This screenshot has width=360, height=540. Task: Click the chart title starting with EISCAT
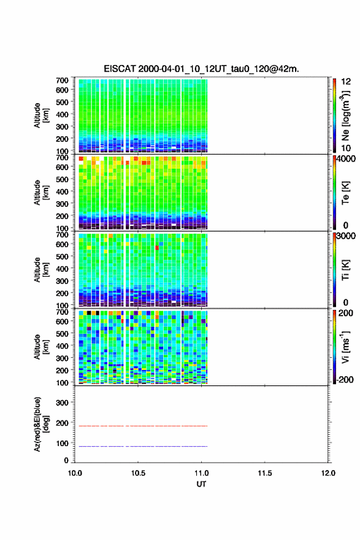[201, 69]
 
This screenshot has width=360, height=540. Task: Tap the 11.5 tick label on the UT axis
[265, 473]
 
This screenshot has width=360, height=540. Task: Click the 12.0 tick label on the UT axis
[328, 473]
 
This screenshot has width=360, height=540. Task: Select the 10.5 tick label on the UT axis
[138, 473]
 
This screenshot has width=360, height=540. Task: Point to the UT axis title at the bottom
[201, 484]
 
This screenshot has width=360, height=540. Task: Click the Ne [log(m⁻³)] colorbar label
[346, 116]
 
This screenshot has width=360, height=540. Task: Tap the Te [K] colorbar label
[345, 193]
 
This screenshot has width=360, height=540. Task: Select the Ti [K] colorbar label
[345, 270]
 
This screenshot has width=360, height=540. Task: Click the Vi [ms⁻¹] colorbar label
[346, 347]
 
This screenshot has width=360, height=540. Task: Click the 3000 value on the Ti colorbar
[346, 236]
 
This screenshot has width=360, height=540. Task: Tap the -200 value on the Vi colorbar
[343, 379]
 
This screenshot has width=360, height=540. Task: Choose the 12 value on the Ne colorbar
[347, 82]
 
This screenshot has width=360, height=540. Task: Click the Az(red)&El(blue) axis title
[40, 424]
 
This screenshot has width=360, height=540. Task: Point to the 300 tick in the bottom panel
[63, 403]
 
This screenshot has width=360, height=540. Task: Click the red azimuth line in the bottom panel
[143, 426]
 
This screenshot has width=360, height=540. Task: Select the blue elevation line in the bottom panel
[143, 446]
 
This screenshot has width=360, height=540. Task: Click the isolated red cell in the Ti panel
[157, 248]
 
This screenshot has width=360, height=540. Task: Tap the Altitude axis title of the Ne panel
[40, 115]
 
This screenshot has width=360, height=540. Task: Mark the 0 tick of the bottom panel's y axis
[66, 460]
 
